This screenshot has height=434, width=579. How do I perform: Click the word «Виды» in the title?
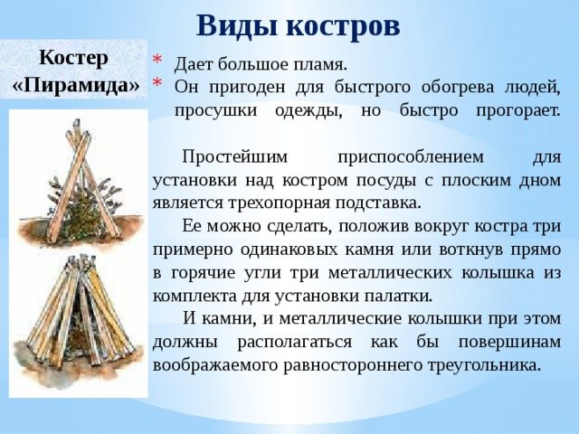(237, 26)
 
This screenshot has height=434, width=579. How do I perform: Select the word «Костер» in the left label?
(73, 58)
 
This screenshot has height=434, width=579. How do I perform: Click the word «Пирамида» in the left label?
(76, 85)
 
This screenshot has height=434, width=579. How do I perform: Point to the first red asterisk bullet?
(157, 60)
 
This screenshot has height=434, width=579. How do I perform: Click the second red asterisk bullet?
(157, 82)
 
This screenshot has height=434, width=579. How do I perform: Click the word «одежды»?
(308, 110)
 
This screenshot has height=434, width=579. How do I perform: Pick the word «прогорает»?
(518, 110)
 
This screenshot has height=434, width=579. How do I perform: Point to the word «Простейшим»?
(234, 157)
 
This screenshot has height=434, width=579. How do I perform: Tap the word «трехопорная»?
(278, 203)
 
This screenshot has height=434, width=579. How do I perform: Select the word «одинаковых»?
(289, 250)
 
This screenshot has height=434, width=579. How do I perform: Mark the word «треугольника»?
(485, 365)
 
